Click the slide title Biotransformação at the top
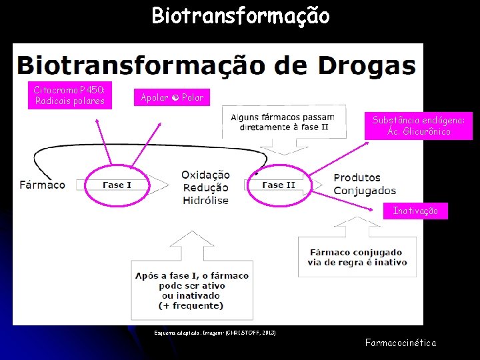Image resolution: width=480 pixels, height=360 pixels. (x=240, y=15)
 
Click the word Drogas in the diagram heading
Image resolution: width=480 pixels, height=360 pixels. (x=367, y=65)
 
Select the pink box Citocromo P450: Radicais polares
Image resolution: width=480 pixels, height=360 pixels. (x=70, y=95)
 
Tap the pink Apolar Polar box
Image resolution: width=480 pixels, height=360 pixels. (x=172, y=97)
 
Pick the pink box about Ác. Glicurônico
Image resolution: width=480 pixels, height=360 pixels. (x=419, y=125)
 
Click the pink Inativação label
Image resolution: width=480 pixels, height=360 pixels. (x=415, y=211)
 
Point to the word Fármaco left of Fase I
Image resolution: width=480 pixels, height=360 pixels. (x=43, y=184)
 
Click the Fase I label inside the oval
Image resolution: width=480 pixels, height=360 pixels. (x=117, y=185)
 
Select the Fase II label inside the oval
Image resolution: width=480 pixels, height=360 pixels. (x=278, y=185)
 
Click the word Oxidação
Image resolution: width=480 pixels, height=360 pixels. (x=205, y=175)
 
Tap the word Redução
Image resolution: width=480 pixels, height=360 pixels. (x=205, y=187)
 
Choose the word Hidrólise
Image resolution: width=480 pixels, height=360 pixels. (x=205, y=200)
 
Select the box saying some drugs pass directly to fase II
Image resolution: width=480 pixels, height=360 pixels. (x=283, y=122)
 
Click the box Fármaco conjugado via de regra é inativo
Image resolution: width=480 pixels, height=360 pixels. (x=357, y=257)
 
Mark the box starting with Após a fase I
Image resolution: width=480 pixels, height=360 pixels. (x=192, y=290)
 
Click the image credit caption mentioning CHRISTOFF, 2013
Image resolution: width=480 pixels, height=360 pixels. (x=215, y=332)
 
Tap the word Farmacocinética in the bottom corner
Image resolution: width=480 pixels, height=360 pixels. (x=401, y=343)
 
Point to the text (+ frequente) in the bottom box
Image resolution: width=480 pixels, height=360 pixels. (x=192, y=305)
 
